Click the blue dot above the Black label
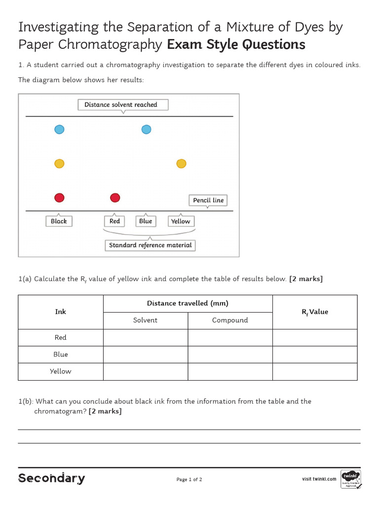click(59, 130)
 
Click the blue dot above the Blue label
click(146, 130)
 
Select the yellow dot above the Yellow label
click(181, 164)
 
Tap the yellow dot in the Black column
click(59, 164)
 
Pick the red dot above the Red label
click(115, 198)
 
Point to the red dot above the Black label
click(59, 198)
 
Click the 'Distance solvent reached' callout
click(123, 105)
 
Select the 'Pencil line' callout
click(208, 200)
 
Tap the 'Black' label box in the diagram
click(59, 221)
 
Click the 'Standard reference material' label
click(150, 245)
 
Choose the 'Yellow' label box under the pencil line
click(181, 221)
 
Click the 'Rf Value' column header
click(314, 312)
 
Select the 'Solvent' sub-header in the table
click(145, 320)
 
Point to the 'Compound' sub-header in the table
click(230, 320)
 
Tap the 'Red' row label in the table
click(60, 337)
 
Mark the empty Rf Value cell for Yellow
click(314, 371)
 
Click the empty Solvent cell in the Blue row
click(145, 354)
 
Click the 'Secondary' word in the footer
click(51, 478)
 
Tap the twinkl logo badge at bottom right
click(350, 478)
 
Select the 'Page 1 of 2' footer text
click(189, 479)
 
